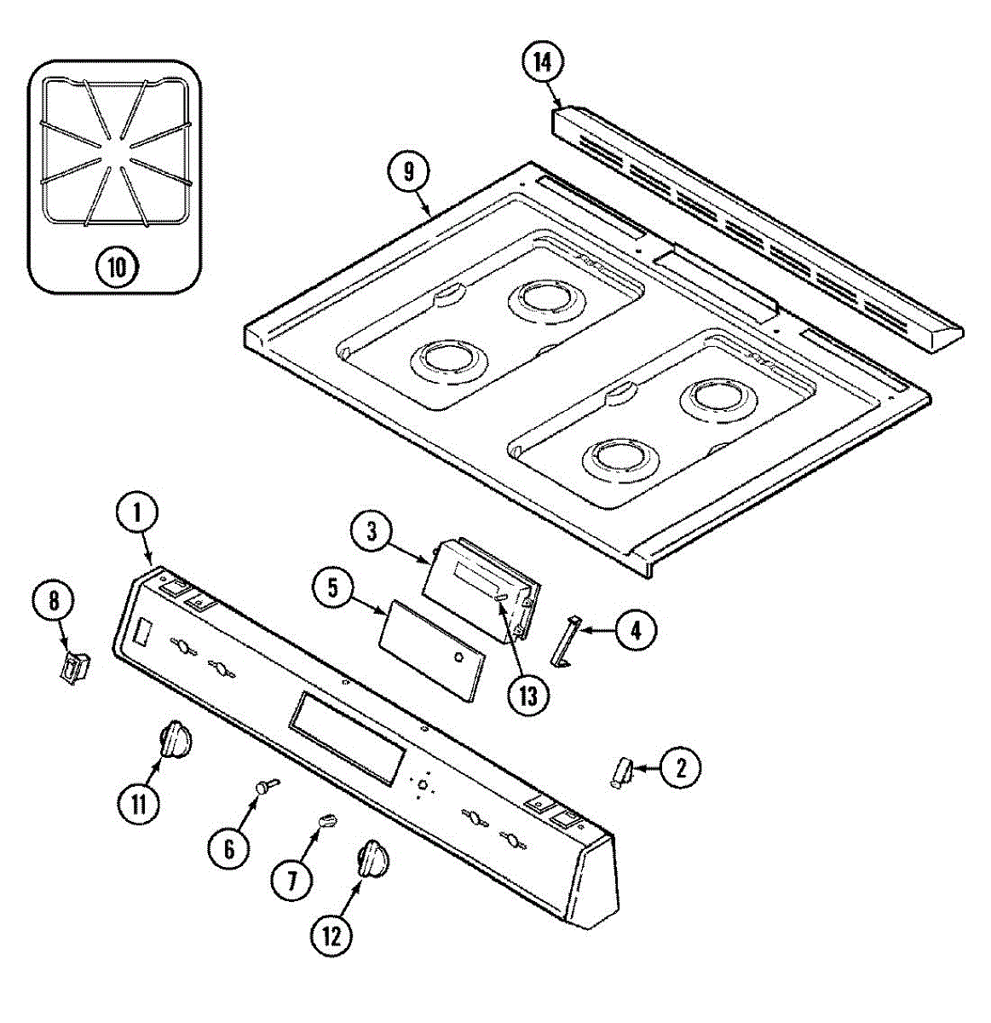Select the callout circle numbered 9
coord(409,172)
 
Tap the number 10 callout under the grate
coord(116,268)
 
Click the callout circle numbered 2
coord(680,768)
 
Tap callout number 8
coord(54,601)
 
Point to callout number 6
coord(229,848)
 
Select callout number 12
coord(331,936)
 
